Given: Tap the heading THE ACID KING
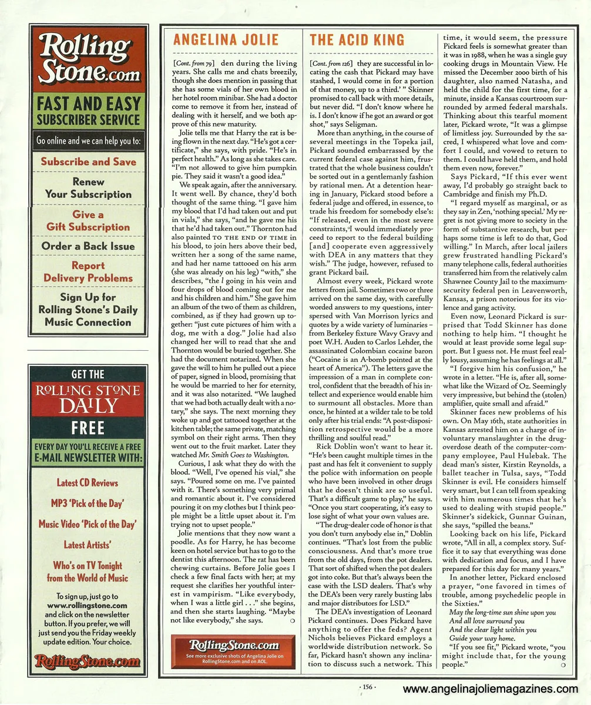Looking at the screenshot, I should (357, 40).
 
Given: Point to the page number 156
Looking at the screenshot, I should (365, 686).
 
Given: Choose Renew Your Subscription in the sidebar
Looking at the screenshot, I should (88, 188).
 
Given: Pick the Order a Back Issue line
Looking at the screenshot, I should (88, 246).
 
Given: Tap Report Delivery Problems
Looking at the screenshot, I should (88, 271).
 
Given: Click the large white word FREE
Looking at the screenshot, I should (88, 427).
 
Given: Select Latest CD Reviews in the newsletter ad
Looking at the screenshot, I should (88, 483).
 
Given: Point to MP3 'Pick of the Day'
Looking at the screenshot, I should (88, 503).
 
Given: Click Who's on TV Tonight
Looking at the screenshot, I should (88, 565).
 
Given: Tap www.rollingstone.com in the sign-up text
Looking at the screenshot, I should (87, 606).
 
